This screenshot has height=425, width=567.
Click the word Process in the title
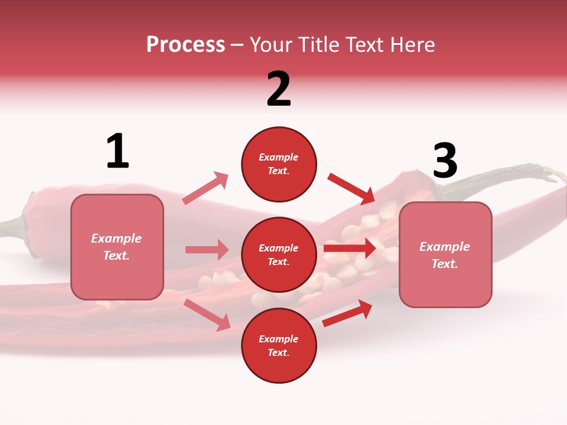[x=185, y=44]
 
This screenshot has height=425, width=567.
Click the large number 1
[x=118, y=151]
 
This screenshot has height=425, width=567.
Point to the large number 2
[x=279, y=89]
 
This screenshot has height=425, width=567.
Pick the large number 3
[x=445, y=161]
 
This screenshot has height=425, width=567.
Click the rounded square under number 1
[x=117, y=247]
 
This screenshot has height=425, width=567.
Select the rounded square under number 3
[x=445, y=255]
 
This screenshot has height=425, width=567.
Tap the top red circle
[x=279, y=164]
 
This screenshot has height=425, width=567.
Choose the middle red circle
[x=279, y=254]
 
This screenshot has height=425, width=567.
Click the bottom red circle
[x=279, y=345]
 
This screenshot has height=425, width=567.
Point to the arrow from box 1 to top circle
[x=206, y=188]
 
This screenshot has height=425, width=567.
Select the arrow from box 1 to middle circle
[x=207, y=250]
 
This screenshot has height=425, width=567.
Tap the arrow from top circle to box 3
[x=351, y=188]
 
